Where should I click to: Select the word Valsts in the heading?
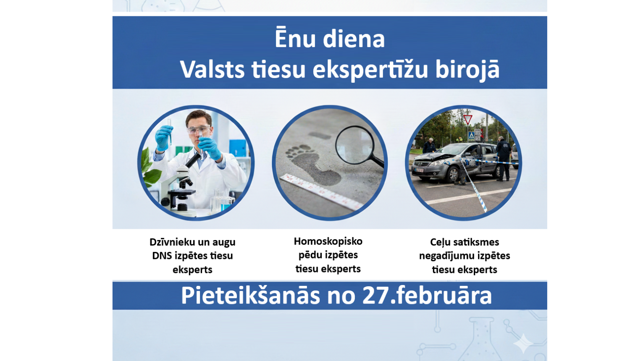click(x=212, y=69)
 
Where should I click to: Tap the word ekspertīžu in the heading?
click(x=370, y=69)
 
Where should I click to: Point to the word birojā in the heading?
click(x=467, y=69)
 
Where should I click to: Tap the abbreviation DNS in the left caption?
click(x=162, y=256)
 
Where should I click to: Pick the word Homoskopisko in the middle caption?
click(x=328, y=241)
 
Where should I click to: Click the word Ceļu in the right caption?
click(x=441, y=242)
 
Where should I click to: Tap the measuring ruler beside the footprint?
click(x=319, y=191)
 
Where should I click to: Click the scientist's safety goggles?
click(x=198, y=130)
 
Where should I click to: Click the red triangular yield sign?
click(x=468, y=119)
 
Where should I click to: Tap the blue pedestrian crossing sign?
click(x=471, y=136)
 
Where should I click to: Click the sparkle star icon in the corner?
click(x=523, y=344)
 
